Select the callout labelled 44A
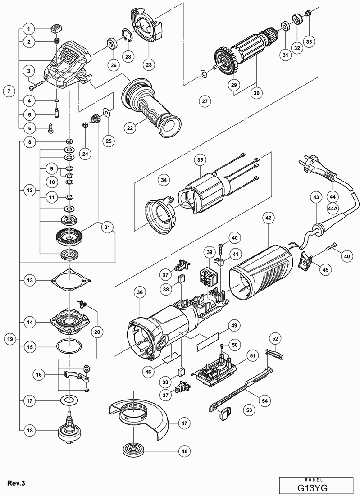[x=333, y=209]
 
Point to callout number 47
[x=184, y=423]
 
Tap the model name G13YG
[x=319, y=488]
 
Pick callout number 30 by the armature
[x=256, y=93]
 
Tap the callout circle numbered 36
[x=140, y=293]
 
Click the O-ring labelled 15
[x=69, y=347]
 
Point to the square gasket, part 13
[x=69, y=281]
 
